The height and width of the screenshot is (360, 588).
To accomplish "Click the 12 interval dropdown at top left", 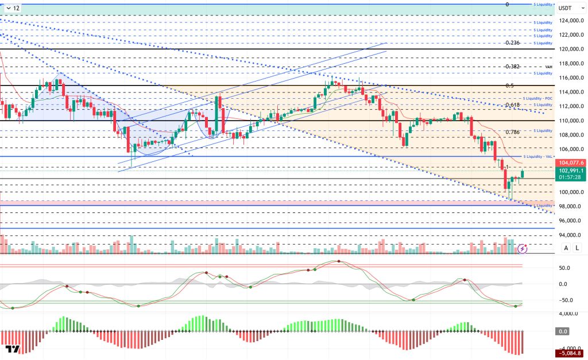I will (x=13, y=8).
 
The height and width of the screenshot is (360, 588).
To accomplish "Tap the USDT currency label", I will (x=565, y=8).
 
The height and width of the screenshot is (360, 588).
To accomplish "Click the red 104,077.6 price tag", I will (x=570, y=162).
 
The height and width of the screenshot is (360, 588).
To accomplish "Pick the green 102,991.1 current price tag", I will (x=570, y=170).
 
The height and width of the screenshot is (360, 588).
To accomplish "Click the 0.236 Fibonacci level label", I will (x=512, y=43).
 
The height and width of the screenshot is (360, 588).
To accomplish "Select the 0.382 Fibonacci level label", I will (x=512, y=67).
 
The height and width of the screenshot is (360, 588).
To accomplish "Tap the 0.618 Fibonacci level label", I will (x=512, y=105).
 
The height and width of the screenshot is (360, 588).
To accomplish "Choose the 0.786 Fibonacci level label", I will (x=512, y=132).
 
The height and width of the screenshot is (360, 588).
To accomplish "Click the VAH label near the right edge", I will (x=548, y=67).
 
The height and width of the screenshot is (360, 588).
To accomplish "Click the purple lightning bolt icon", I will (x=523, y=249).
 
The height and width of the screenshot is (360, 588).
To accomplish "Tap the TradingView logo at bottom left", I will (x=13, y=350).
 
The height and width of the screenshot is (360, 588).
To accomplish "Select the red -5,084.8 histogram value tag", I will (x=570, y=354).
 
